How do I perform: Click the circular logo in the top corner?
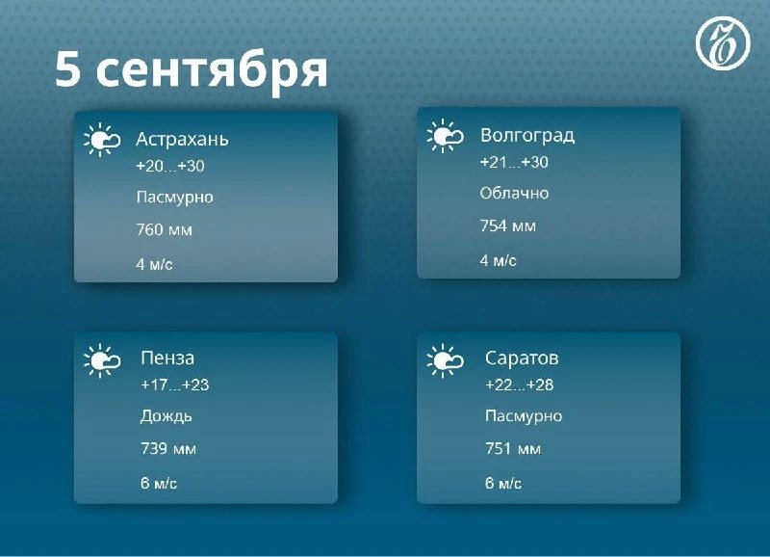tap(723, 42)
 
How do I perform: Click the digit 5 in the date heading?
tap(67, 68)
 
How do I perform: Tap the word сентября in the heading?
tap(212, 73)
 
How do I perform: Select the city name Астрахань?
tap(182, 140)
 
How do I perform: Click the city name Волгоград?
tap(527, 135)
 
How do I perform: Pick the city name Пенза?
tap(167, 358)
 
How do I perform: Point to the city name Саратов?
tap(522, 358)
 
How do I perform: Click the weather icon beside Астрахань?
tap(102, 140)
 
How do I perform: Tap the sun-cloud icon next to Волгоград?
tap(445, 136)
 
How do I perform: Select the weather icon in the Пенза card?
tap(102, 360)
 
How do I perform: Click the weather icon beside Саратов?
tap(445, 360)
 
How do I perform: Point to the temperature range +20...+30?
tap(170, 166)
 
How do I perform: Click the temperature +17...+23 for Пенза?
tap(175, 385)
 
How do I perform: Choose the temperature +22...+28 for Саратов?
tap(519, 385)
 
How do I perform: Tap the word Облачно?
tap(514, 193)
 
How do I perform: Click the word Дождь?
tap(166, 416)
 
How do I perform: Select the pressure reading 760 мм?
tap(164, 229)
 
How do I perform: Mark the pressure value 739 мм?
tap(168, 448)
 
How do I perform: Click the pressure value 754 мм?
tap(508, 226)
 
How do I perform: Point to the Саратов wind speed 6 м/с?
tap(502, 483)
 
